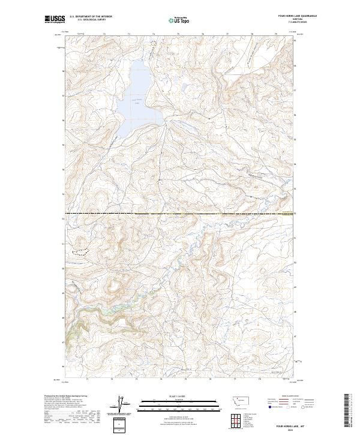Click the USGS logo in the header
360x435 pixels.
pos(54,19)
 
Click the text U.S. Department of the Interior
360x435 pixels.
pos(91,16)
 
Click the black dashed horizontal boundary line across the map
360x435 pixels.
pos(180,213)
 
